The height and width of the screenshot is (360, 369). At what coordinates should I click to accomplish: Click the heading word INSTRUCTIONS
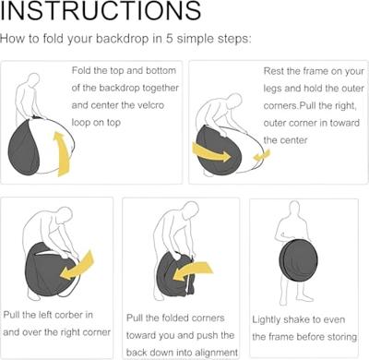[x=101, y=10]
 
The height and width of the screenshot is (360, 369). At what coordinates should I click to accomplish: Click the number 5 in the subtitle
[x=169, y=39]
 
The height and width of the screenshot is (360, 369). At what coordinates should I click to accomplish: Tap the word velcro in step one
[x=147, y=105]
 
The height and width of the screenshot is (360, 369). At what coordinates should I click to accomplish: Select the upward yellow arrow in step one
[x=62, y=154]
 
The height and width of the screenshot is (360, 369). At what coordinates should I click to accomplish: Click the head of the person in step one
[x=33, y=79]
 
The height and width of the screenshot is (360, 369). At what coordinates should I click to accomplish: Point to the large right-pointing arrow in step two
[x=211, y=152]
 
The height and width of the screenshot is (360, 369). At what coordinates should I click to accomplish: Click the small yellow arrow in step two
[x=262, y=155]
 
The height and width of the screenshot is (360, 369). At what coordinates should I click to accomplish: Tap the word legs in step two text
[x=272, y=89]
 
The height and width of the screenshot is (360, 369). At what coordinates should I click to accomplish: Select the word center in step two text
[x=292, y=140]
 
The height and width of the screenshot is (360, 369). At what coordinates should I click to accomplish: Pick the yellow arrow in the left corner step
[x=77, y=266]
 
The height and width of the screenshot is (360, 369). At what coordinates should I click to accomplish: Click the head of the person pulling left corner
[x=65, y=214]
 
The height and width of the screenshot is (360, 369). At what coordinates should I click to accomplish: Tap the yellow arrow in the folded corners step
[x=193, y=271]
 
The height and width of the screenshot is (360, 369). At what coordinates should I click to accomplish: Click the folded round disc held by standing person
[x=299, y=259]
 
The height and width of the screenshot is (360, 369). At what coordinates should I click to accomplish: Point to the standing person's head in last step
[x=294, y=208]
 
